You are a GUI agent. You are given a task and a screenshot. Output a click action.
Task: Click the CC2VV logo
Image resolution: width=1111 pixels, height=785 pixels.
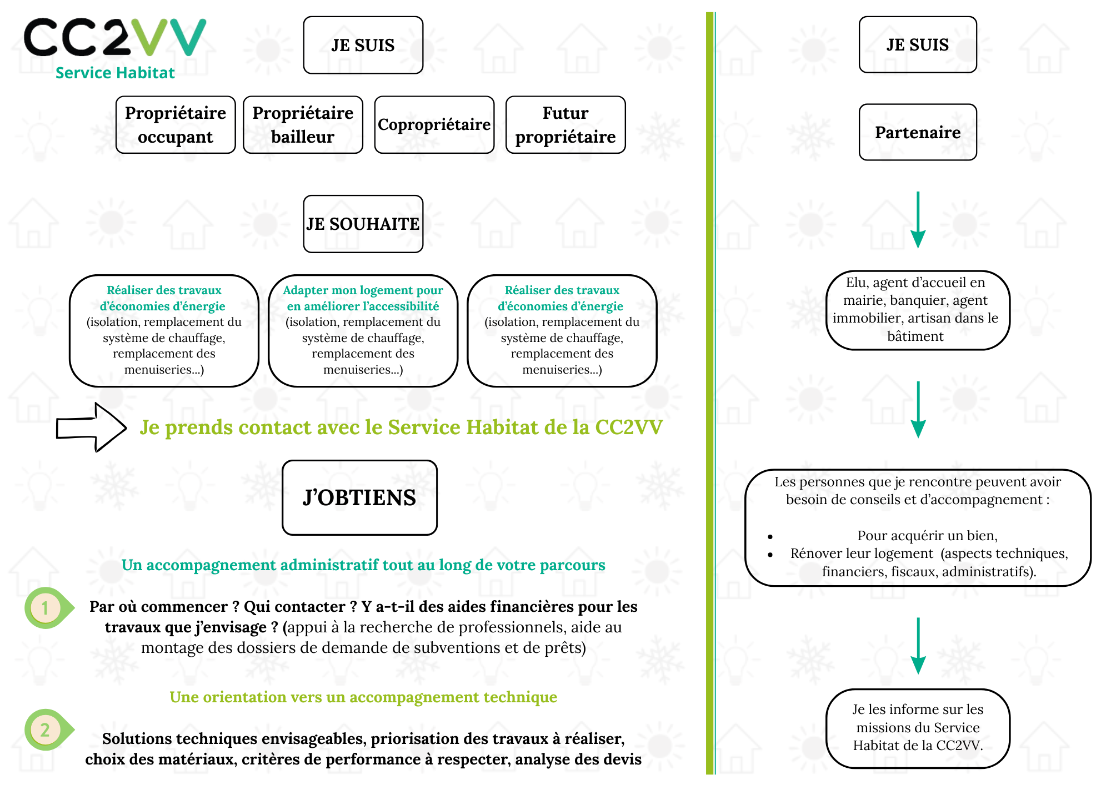pyautogui.click(x=114, y=37)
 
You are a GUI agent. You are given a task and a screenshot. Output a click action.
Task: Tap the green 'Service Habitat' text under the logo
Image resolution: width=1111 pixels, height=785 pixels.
pyautogui.click(x=115, y=73)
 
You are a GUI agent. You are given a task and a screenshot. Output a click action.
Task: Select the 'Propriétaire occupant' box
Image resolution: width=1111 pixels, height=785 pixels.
pyautogui.click(x=176, y=125)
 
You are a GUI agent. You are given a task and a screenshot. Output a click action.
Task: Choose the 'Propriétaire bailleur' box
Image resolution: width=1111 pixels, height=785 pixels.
pyautogui.click(x=303, y=125)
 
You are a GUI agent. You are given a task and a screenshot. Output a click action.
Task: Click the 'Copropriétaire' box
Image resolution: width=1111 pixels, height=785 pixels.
pyautogui.click(x=434, y=125)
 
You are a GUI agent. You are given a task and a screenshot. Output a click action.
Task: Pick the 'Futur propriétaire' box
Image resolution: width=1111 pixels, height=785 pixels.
pyautogui.click(x=565, y=125)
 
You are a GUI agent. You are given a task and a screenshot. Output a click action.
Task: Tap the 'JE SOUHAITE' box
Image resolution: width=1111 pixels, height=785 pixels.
pyautogui.click(x=363, y=224)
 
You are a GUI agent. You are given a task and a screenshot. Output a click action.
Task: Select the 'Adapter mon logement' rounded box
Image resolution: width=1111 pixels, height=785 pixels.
pyautogui.click(x=363, y=330)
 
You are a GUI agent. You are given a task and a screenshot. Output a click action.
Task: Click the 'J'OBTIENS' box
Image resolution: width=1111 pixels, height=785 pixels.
pyautogui.click(x=359, y=497)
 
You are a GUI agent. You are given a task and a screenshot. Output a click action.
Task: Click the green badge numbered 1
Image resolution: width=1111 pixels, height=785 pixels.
pyautogui.click(x=46, y=608)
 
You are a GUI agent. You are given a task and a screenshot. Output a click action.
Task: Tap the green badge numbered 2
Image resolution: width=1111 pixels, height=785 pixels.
pyautogui.click(x=46, y=729)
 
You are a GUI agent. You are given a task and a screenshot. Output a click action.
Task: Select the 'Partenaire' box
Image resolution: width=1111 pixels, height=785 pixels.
pyautogui.click(x=918, y=132)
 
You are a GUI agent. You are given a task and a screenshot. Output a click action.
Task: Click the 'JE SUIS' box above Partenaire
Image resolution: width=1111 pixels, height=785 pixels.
pyautogui.click(x=918, y=44)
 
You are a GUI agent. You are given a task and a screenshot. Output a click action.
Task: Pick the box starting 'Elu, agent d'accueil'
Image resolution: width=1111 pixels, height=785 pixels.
pyautogui.click(x=918, y=310)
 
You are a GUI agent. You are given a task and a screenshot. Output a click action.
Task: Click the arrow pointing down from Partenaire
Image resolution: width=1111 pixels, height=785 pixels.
pyautogui.click(x=918, y=219)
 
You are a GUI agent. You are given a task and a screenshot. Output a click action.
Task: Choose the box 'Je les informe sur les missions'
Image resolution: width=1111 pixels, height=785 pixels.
pyautogui.click(x=918, y=728)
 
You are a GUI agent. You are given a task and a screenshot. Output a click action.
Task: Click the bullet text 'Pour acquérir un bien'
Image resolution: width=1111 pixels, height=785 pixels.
pyautogui.click(x=927, y=535)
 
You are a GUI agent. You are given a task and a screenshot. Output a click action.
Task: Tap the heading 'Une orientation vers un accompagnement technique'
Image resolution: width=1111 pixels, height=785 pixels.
pyautogui.click(x=363, y=697)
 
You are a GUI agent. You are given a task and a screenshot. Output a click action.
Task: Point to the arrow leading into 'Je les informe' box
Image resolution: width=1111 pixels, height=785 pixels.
pyautogui.click(x=918, y=645)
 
